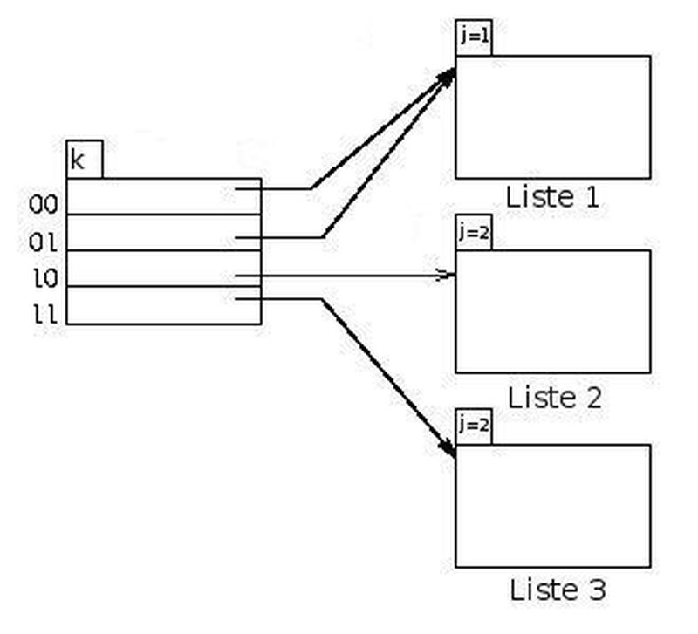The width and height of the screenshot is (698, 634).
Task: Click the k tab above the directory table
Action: pos(84,160)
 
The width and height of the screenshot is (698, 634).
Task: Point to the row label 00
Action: pos(43,205)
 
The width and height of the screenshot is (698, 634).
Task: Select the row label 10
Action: pos(43,279)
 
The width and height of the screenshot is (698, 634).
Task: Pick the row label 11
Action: pos(43,314)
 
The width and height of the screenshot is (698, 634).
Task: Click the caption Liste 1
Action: pos(554,197)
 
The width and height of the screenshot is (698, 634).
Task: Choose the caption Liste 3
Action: pos(556,590)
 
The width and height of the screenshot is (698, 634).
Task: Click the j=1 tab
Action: pos(474,38)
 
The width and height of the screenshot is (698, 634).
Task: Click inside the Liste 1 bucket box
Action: pos(552,117)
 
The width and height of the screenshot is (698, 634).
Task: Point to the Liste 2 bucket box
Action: pos(552,311)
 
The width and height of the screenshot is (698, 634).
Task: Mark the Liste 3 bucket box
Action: pos(552,506)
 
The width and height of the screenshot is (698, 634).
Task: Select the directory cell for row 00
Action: pos(163,196)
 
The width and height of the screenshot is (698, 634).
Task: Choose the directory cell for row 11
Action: pos(163,306)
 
